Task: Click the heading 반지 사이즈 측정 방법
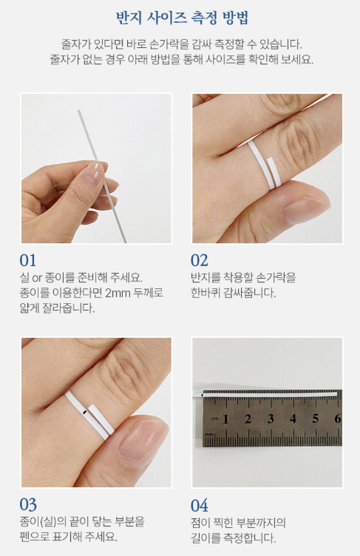(182, 18)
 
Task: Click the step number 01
(27, 260)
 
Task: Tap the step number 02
(200, 260)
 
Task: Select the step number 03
(28, 505)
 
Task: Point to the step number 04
(200, 506)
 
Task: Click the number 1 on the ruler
(225, 419)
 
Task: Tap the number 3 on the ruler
(271, 418)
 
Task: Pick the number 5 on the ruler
(316, 418)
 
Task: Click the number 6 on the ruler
(338, 418)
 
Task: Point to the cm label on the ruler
(215, 418)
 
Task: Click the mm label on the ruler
(209, 435)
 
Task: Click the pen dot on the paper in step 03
(84, 413)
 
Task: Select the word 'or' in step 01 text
(37, 278)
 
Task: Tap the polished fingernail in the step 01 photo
(94, 173)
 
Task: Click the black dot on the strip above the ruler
(202, 394)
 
